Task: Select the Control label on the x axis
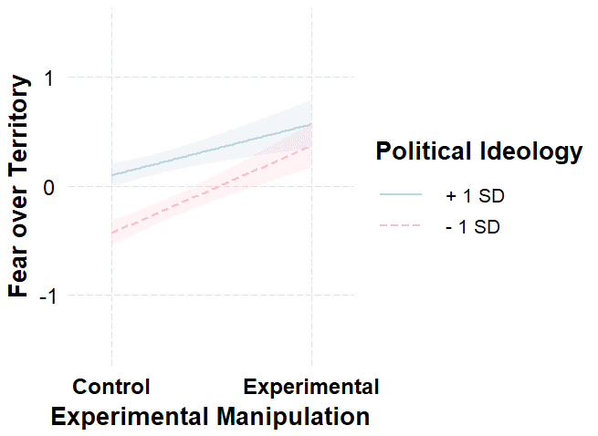click(111, 386)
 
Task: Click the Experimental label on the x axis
click(311, 386)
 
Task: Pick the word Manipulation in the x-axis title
click(293, 417)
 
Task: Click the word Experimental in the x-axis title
click(131, 417)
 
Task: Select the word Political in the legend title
click(421, 152)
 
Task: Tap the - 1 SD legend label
click(473, 227)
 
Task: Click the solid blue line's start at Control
click(111, 174)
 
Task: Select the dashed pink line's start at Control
click(111, 234)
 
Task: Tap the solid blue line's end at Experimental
click(311, 124)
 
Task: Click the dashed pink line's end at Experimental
click(311, 146)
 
